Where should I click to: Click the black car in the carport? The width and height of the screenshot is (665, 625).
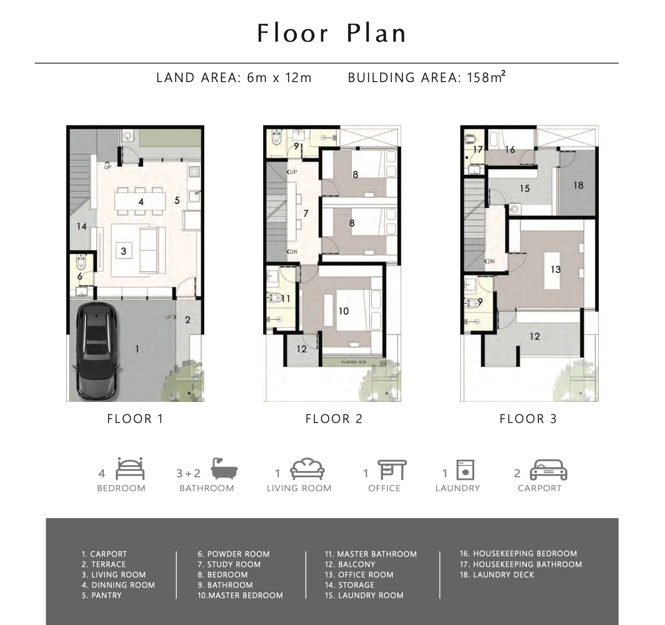[97, 352]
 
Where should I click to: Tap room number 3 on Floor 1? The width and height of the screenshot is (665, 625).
[124, 252]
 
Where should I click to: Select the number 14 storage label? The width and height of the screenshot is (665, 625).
[82, 226]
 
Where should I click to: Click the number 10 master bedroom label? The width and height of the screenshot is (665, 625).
[343, 311]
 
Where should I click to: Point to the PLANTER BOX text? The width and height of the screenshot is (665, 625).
[353, 363]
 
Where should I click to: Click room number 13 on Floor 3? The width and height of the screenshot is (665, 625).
[555, 270]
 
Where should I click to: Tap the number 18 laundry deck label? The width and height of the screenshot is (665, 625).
[578, 185]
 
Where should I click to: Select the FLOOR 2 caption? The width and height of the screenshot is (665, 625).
[334, 419]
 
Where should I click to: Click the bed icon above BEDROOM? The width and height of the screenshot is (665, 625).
[130, 469]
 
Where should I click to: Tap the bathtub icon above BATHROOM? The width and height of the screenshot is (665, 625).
[224, 469]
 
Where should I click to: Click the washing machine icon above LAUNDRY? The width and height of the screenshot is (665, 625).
[465, 470]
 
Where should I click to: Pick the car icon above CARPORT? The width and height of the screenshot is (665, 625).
[549, 470]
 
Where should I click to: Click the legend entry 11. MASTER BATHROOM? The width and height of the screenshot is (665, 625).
[371, 554]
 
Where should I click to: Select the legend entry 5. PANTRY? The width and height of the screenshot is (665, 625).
[102, 596]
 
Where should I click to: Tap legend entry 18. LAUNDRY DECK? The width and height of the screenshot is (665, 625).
[497, 575]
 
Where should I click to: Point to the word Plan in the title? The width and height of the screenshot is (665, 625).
[376, 34]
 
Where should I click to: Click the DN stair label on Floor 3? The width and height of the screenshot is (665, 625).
[490, 261]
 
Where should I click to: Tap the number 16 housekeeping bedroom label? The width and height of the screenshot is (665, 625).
[510, 150]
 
